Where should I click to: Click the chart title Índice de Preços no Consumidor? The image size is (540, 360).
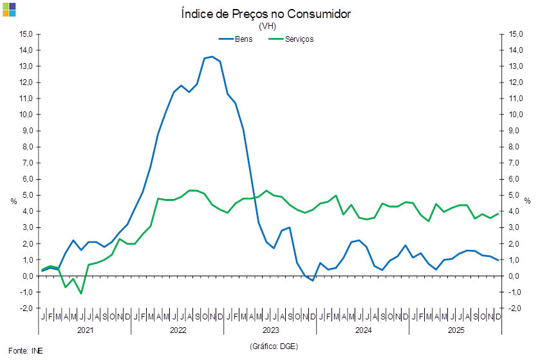[x=266, y=14]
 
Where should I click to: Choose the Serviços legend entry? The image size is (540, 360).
[x=300, y=39]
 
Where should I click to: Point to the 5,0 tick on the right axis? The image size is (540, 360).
[x=516, y=195]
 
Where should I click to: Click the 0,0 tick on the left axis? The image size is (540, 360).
[x=27, y=276]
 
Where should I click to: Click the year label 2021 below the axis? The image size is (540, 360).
[x=85, y=330]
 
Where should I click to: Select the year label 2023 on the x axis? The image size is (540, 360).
[x=271, y=330]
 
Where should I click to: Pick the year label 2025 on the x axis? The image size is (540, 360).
[x=456, y=330]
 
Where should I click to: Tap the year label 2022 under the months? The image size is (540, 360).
[x=178, y=330]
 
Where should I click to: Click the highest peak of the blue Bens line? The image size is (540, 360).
[x=212, y=57]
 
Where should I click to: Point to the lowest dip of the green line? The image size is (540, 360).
[x=81, y=294]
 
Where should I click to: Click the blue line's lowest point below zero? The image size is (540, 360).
[x=313, y=281]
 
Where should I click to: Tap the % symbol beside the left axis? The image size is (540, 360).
[x=14, y=201]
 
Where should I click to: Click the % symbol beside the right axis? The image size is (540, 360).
[x=528, y=201]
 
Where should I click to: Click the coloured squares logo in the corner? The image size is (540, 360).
[x=9, y=9]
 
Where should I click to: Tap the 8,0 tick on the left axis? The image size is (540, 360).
[x=27, y=147]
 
